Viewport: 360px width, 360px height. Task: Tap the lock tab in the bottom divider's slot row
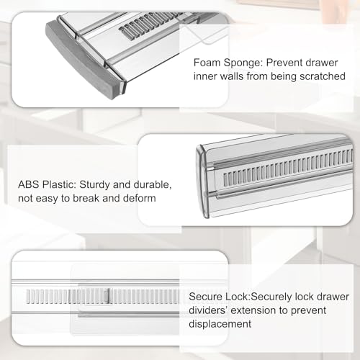pos(107,294)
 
